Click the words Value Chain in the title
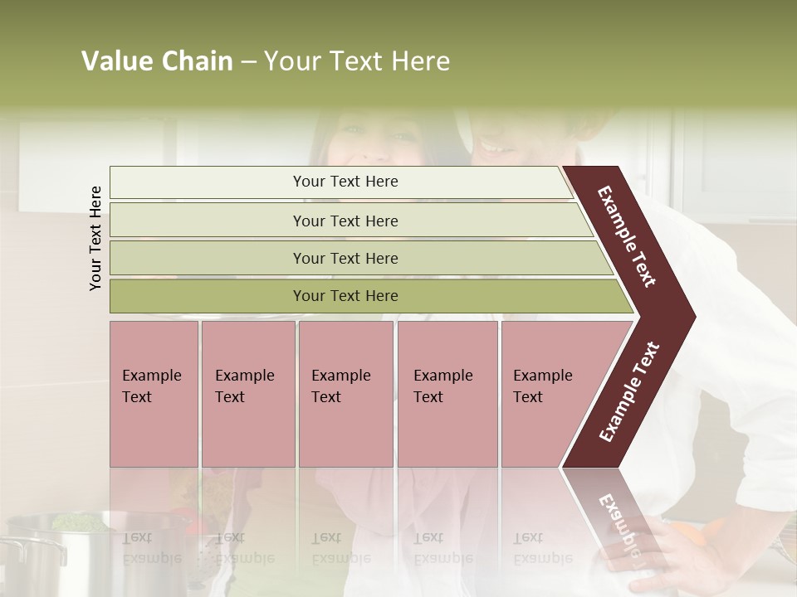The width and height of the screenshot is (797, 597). click(157, 61)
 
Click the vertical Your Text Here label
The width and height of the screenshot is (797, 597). click(95, 238)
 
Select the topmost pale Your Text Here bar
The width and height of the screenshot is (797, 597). click(345, 182)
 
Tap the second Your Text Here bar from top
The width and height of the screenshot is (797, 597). click(345, 221)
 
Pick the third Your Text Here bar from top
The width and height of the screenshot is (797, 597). click(345, 258)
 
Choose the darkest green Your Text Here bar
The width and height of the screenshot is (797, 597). click(345, 296)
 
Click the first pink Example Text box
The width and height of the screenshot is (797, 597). click(154, 394)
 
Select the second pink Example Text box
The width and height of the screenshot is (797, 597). click(247, 394)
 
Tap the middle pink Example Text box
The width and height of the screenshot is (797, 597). click(345, 394)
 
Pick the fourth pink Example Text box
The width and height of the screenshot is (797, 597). click(447, 394)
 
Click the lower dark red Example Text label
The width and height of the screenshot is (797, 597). click(628, 391)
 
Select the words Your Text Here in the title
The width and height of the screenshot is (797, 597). click(357, 61)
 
